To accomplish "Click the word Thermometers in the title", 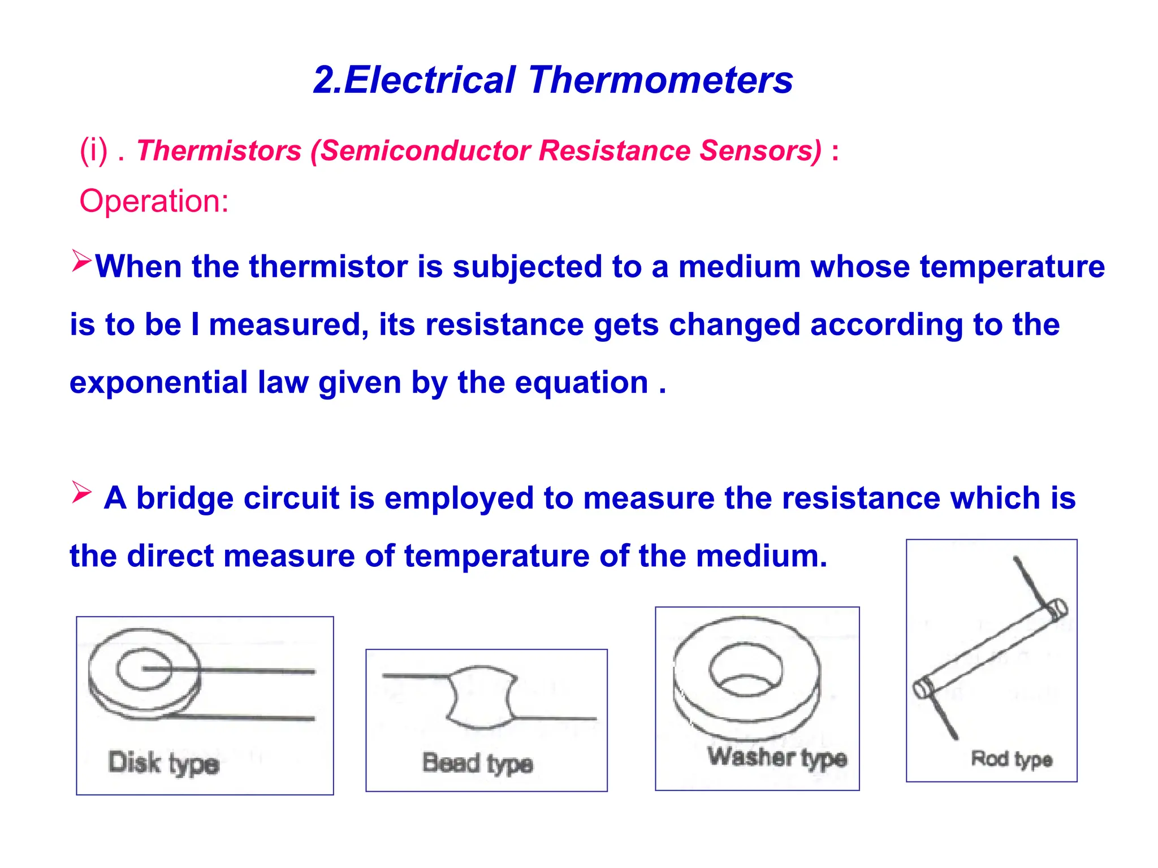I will coord(660,80).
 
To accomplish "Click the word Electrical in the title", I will coord(430,80).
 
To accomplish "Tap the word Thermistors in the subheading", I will coord(219,151).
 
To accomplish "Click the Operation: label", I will coord(154,201).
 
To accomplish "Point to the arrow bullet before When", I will coord(81,261).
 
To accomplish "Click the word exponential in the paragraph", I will coord(158,383).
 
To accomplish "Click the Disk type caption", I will coord(163,763).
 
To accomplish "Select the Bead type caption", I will coord(477,763).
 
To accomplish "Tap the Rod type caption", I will coord(1011,759).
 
